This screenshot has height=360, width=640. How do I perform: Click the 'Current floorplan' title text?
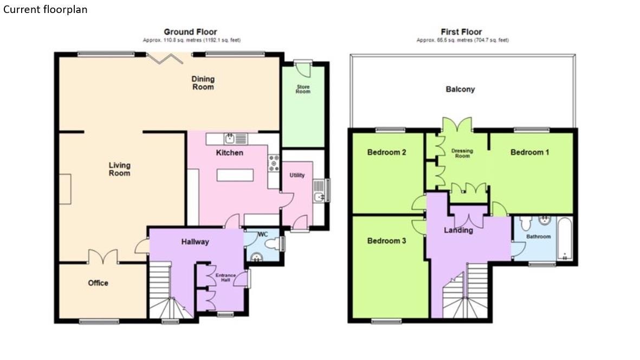coord(45,10)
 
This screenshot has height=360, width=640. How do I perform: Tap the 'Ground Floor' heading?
coord(190,32)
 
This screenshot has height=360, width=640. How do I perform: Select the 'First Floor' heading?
coord(461,32)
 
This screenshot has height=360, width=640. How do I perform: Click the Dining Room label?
coord(203,83)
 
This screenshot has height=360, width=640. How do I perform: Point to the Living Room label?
coord(119,169)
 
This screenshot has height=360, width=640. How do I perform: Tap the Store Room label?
coord(303,89)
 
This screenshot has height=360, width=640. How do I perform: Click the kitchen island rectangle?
coord(235,176)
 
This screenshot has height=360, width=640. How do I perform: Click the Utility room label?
coord(297,175)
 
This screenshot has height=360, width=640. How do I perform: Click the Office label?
coord(98,283)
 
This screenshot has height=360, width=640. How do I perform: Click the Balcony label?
coord(460,89)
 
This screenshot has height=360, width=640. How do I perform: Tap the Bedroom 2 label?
coord(386,152)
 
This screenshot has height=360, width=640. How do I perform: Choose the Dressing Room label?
coord(462,153)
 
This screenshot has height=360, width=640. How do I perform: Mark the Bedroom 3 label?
coord(386,241)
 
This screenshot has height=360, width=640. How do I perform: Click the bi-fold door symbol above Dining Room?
coord(160,57)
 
